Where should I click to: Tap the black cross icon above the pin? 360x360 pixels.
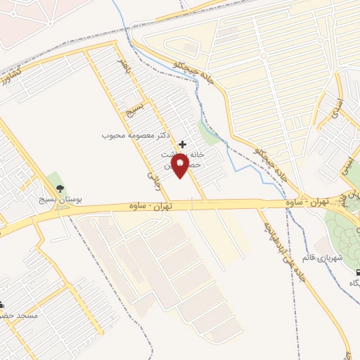click(x=183, y=144)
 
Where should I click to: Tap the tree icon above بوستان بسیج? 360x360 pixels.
click(x=60, y=188)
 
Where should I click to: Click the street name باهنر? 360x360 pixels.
click(x=124, y=67)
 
